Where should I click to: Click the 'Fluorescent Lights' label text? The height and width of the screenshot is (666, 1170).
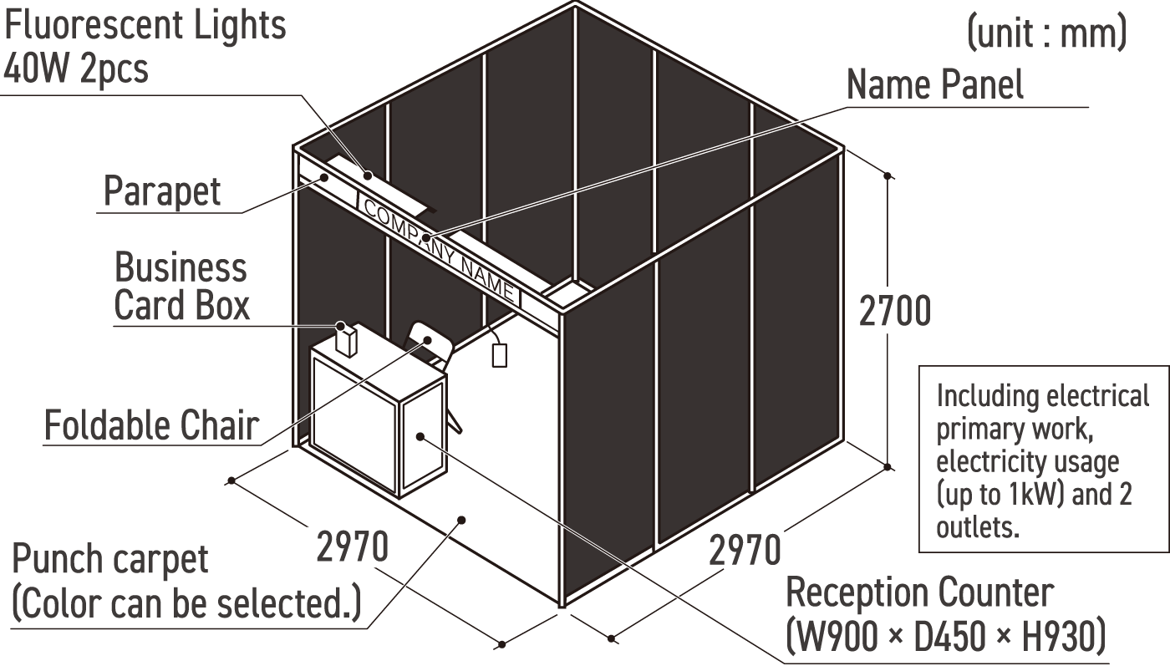coord(145,25)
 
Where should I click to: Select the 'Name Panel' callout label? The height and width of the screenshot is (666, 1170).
coord(934,85)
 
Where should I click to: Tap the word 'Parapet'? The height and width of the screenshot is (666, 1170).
coord(162,191)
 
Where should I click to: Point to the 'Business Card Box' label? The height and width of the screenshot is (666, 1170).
coord(181,287)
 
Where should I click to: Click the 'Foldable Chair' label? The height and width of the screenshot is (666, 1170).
coord(150,425)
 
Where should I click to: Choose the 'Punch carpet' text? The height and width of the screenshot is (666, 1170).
coord(110,559)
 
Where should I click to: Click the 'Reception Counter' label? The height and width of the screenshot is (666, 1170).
coord(919,592)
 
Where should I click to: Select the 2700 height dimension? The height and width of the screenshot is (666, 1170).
coord(894,312)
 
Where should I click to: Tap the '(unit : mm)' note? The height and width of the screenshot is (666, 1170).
coord(1046,34)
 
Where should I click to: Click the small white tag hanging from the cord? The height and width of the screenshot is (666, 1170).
coord(500,354)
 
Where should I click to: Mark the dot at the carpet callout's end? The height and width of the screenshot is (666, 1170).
coord(460,520)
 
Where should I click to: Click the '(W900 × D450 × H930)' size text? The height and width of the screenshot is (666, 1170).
coord(945,636)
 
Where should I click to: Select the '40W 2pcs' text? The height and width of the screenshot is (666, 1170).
coord(75,68)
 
